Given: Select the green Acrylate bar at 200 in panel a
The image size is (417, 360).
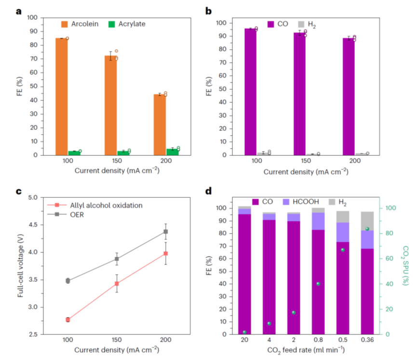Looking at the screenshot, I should [173, 152].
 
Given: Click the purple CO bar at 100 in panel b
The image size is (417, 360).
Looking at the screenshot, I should [250, 92].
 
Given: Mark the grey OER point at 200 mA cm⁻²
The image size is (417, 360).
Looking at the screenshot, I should [165, 232].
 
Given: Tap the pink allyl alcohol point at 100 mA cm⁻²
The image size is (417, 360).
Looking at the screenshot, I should [67, 319].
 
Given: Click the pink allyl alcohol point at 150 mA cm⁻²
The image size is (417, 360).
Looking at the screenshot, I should [117, 284].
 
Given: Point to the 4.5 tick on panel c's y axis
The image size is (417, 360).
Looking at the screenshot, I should [32, 224].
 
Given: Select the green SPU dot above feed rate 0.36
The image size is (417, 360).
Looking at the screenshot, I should [367, 229].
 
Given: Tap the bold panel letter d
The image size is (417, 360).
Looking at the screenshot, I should [209, 192].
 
